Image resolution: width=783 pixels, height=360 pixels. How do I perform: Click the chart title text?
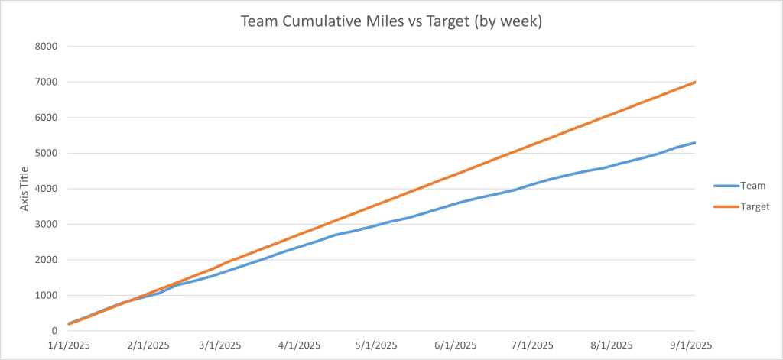(391, 21)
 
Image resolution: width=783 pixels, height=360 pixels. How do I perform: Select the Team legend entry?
(753, 185)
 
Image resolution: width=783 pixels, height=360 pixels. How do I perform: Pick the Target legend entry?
(755, 206)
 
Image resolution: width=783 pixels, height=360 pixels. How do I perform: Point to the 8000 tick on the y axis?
(45, 46)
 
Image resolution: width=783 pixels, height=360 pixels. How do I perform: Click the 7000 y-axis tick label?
(45, 82)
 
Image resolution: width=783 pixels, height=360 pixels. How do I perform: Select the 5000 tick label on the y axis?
(45, 153)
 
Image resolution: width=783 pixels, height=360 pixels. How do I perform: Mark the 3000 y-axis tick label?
(45, 225)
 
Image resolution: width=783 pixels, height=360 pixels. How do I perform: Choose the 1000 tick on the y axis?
(45, 296)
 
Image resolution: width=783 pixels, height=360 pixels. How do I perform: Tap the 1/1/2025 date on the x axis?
(69, 346)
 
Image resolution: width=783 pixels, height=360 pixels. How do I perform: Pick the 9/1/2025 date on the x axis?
(692, 346)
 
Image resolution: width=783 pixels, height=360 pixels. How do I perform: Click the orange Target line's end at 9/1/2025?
(694, 82)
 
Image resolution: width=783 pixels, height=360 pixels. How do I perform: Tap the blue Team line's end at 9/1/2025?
(694, 143)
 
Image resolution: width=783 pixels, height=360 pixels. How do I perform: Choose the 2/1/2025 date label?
(148, 346)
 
